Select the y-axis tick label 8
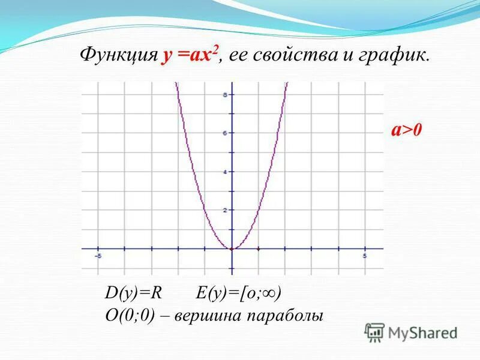pyautogui.click(x=225, y=95)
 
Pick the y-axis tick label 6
pyautogui.click(x=225, y=133)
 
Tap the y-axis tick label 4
pyautogui.click(x=225, y=172)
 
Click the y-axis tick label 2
pyautogui.click(x=225, y=210)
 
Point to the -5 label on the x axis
pyautogui.click(x=98, y=256)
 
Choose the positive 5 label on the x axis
pyautogui.click(x=365, y=256)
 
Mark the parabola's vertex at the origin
pyautogui.click(x=232, y=248)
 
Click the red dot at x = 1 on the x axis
pyautogui.click(x=258, y=248)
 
